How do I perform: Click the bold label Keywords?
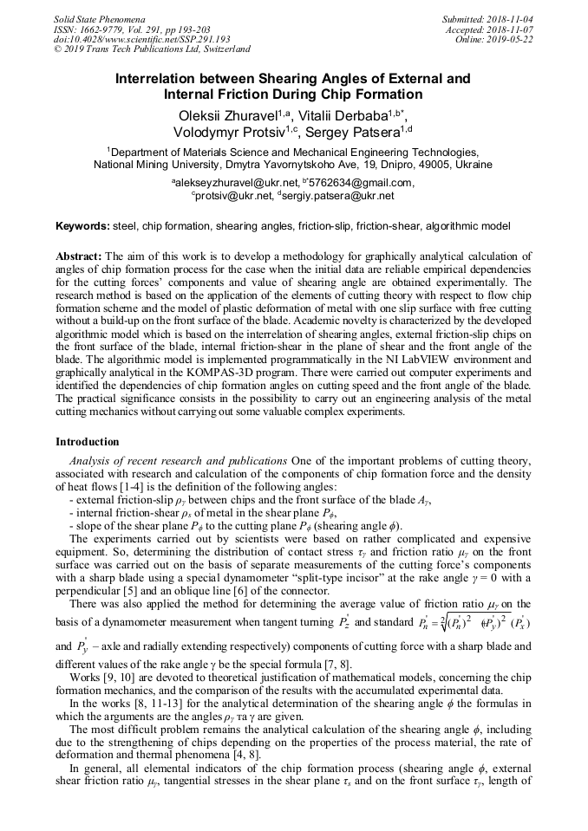pyautogui.click(x=82, y=226)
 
